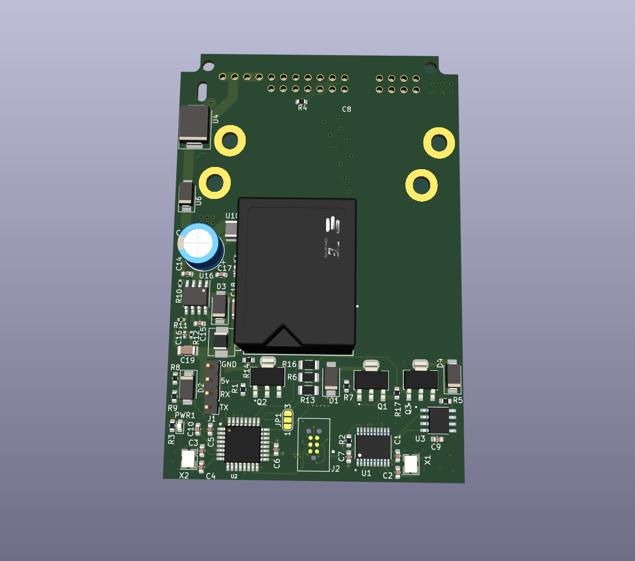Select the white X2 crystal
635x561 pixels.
(188, 458)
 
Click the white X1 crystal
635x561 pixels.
(411, 463)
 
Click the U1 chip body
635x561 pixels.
(375, 446)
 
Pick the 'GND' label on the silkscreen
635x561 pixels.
(228, 365)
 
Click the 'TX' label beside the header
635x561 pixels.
(224, 407)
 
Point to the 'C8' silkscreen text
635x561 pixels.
(346, 109)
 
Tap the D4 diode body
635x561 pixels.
(454, 375)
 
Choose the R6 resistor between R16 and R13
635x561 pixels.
(309, 377)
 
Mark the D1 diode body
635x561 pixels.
(331, 379)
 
